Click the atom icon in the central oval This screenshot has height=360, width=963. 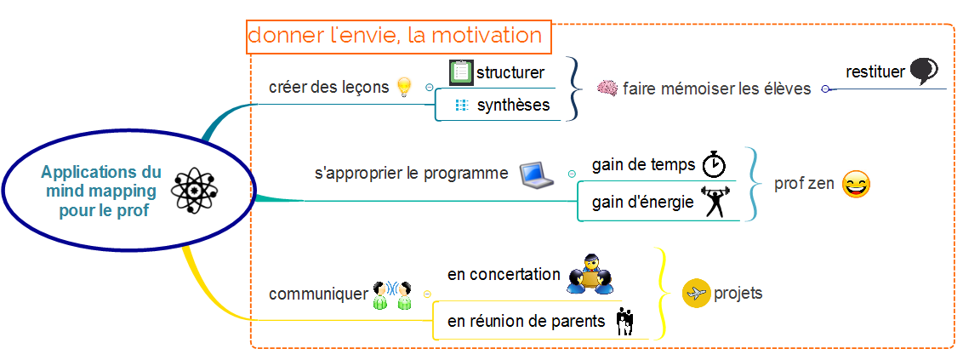[195, 191]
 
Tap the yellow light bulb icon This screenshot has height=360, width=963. [403, 88]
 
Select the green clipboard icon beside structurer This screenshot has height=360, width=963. [460, 72]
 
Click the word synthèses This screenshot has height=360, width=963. [514, 106]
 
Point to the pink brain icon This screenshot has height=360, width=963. [607, 88]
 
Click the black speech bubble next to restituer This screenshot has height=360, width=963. [924, 71]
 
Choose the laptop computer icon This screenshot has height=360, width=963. [537, 174]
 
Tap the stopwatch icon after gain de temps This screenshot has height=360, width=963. [715, 163]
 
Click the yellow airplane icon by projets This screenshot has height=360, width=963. [697, 294]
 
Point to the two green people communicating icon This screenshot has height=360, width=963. [392, 295]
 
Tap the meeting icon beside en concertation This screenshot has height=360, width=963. [590, 273]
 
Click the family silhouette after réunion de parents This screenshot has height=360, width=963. [624, 322]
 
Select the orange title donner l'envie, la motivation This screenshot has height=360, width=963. [395, 35]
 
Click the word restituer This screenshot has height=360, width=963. [875, 71]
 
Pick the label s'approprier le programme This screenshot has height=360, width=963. [412, 174]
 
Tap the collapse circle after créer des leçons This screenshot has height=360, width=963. [429, 88]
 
